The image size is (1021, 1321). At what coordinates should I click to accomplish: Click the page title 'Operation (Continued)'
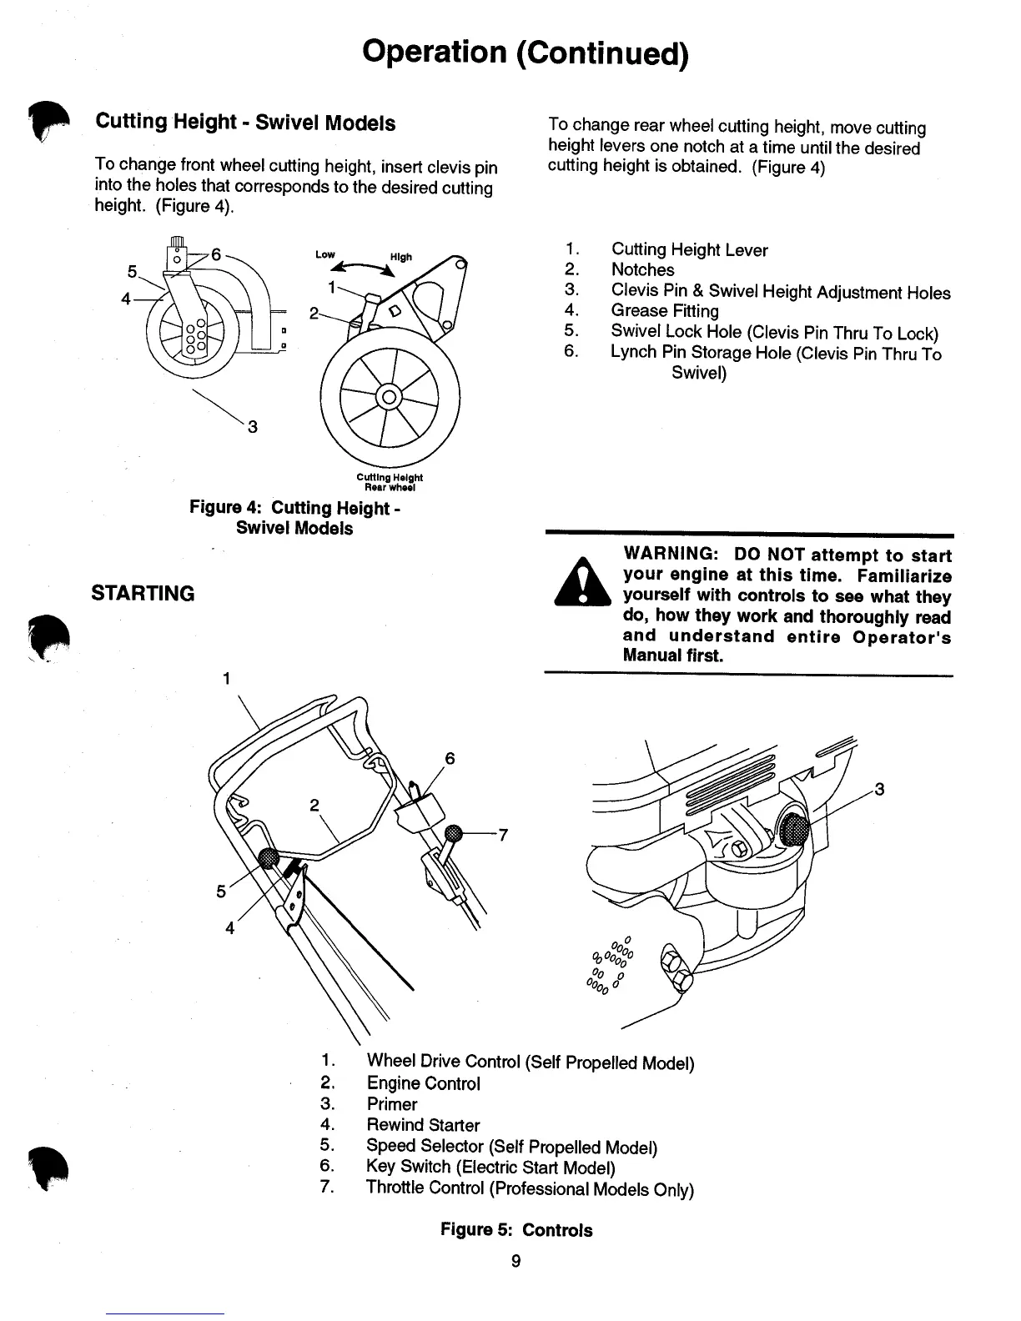click(526, 52)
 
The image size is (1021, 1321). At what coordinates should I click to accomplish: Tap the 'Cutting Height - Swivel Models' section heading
click(245, 123)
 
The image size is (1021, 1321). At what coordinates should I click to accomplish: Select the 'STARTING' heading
click(143, 594)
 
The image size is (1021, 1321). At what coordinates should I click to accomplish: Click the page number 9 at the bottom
click(516, 1261)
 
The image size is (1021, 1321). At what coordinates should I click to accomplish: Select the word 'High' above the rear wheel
click(400, 257)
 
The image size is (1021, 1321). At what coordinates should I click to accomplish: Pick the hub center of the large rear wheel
click(389, 397)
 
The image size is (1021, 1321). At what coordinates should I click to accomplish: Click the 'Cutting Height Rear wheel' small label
click(390, 482)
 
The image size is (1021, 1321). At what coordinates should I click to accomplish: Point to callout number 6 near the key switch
click(450, 758)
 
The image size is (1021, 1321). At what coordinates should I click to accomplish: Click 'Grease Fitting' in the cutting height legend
click(664, 311)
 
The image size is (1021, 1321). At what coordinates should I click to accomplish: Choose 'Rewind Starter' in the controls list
click(423, 1125)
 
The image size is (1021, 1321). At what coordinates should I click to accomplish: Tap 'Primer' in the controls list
click(391, 1104)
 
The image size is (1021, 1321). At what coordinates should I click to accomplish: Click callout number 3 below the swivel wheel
click(252, 427)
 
